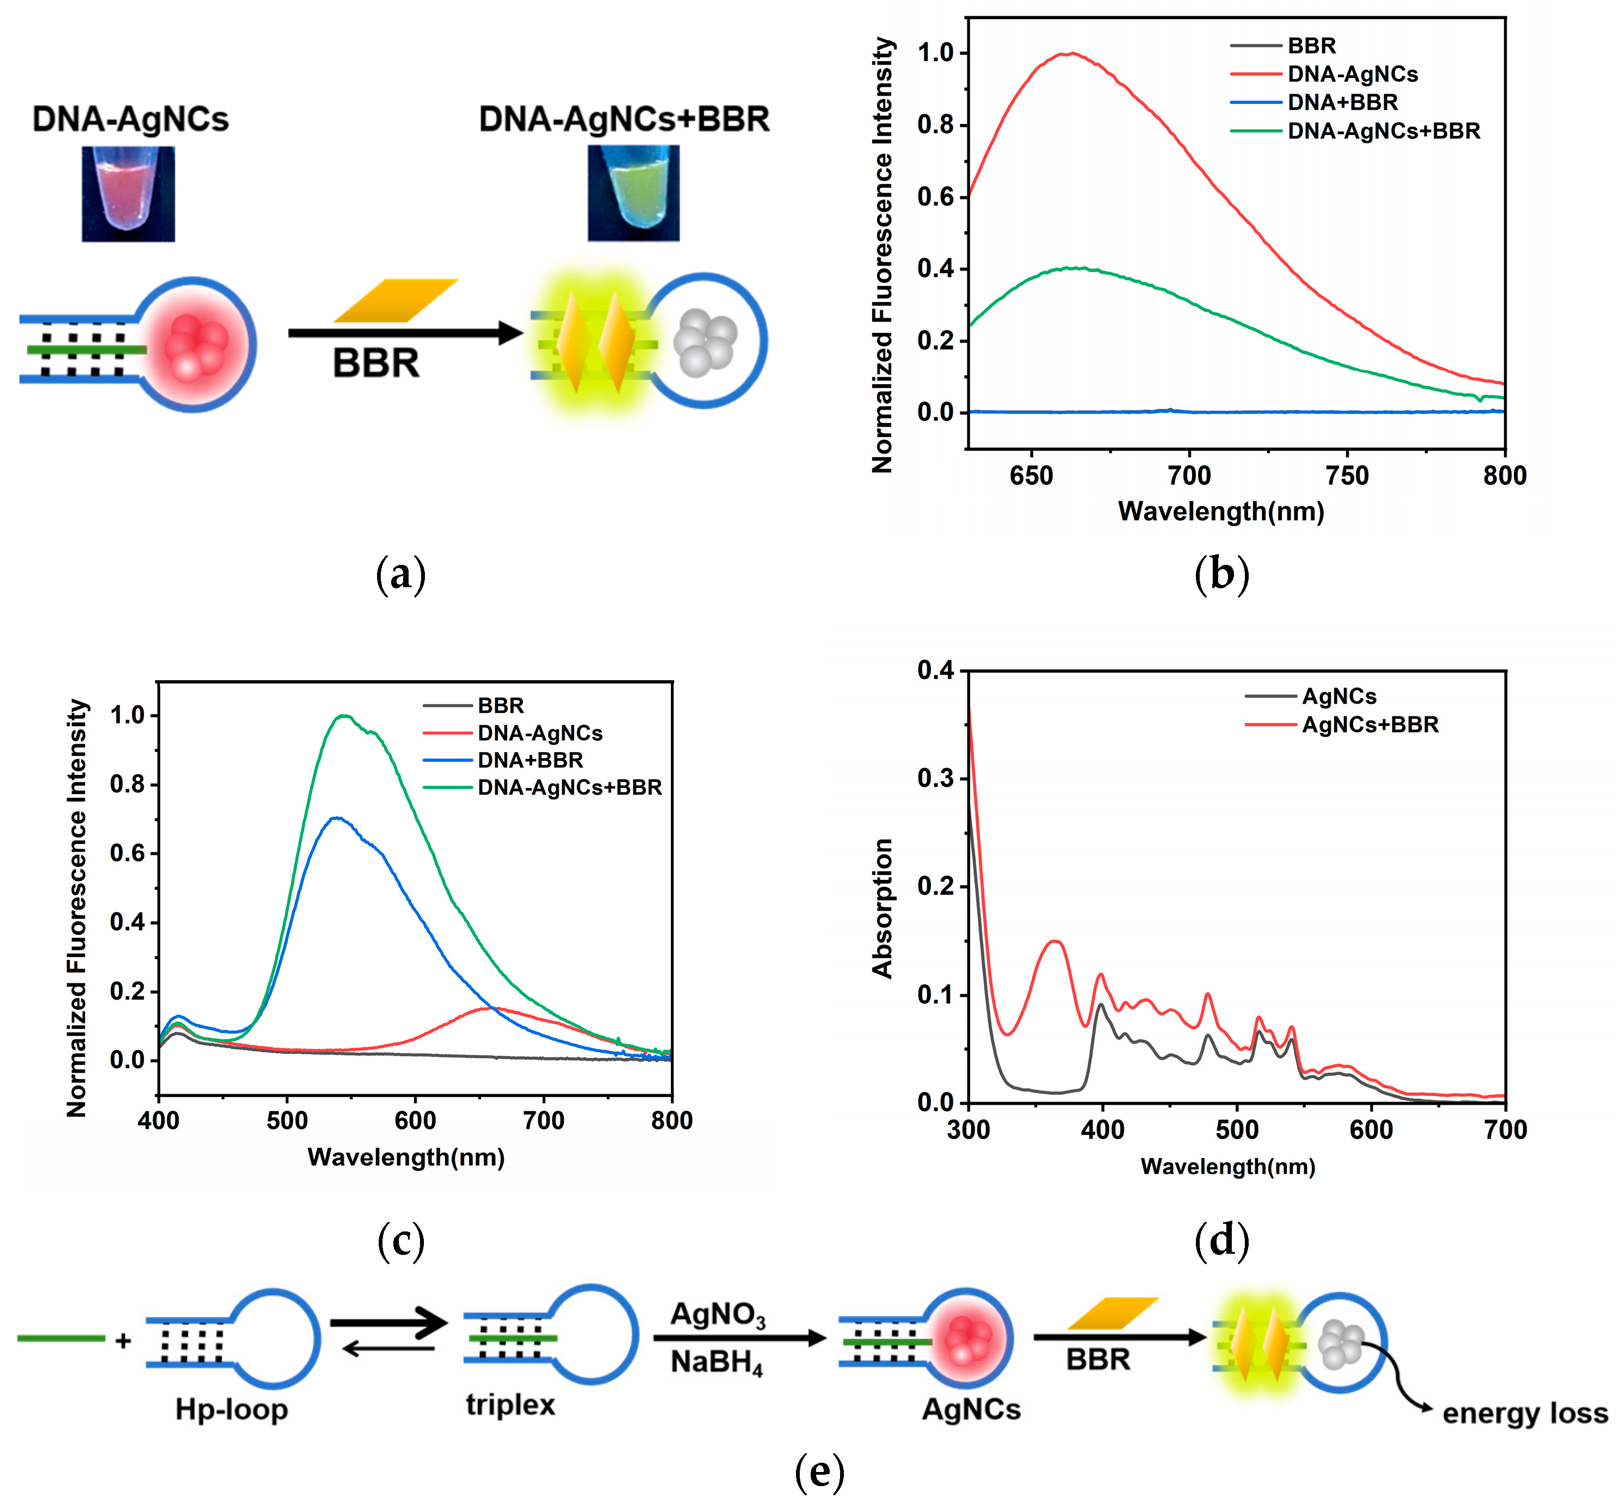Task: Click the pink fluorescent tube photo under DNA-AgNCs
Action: pyautogui.click(x=128, y=194)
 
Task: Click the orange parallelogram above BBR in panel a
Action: pyautogui.click(x=396, y=300)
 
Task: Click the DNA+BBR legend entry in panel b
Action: pyautogui.click(x=1342, y=102)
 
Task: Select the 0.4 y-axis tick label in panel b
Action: pyautogui.click(x=936, y=269)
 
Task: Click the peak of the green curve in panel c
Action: pyautogui.click(x=345, y=716)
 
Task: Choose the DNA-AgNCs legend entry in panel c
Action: pyautogui.click(x=540, y=733)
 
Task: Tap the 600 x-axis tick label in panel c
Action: pyautogui.click(x=415, y=1121)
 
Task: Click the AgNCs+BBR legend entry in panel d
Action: pyautogui.click(x=1370, y=725)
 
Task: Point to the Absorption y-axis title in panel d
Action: pyautogui.click(x=883, y=908)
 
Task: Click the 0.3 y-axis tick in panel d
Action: pyautogui.click(x=936, y=778)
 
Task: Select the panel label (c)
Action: pyautogui.click(x=401, y=1241)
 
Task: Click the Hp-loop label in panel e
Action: pyautogui.click(x=232, y=1410)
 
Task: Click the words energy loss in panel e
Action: pyautogui.click(x=1524, y=1413)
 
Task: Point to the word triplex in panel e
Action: pyautogui.click(x=510, y=1405)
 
